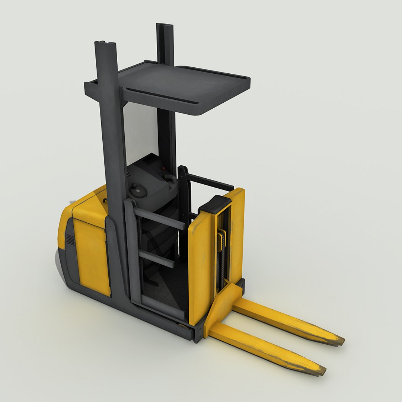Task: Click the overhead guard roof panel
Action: coord(186,84)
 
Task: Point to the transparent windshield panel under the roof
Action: coord(140,130)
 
